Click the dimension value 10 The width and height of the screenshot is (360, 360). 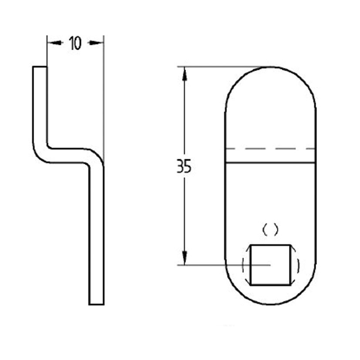tap(75, 43)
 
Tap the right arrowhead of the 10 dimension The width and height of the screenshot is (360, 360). tap(96, 43)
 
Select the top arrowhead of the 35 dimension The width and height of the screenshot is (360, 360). tap(185, 74)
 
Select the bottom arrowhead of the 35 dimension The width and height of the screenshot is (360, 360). tap(185, 258)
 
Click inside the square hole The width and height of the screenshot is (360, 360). tap(270, 265)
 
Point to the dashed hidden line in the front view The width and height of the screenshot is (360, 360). tap(270, 148)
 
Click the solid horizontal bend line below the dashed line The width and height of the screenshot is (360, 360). tap(270, 163)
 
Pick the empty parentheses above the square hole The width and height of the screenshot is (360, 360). tap(270, 230)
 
